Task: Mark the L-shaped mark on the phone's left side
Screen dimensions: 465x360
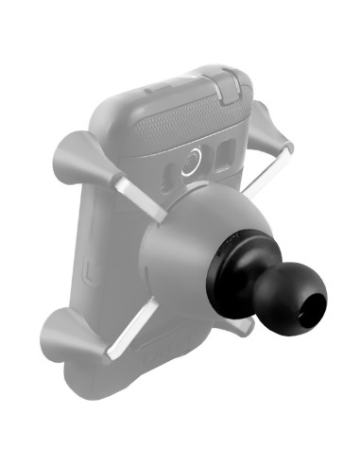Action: (x=87, y=273)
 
